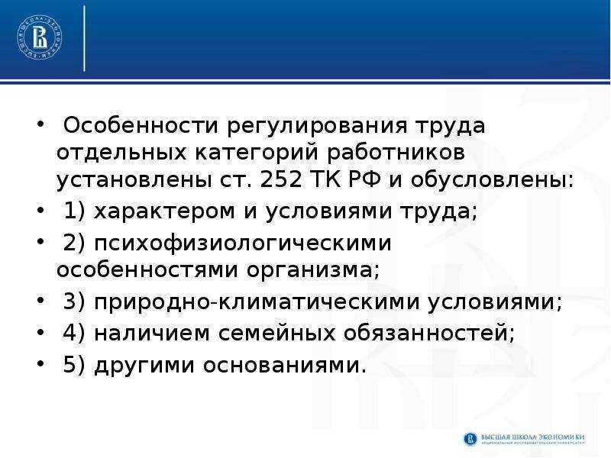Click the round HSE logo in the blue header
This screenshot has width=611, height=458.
click(40, 37)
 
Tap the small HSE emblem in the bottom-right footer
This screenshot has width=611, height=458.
click(470, 439)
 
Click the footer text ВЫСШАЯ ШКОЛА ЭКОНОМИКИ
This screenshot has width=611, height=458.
click(532, 437)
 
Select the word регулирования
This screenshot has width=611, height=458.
click(317, 127)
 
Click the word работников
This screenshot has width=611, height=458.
click(396, 153)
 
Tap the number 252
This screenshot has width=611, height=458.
click(280, 179)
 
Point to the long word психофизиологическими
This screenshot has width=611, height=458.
click(242, 244)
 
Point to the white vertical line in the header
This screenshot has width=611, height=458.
click(84, 37)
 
